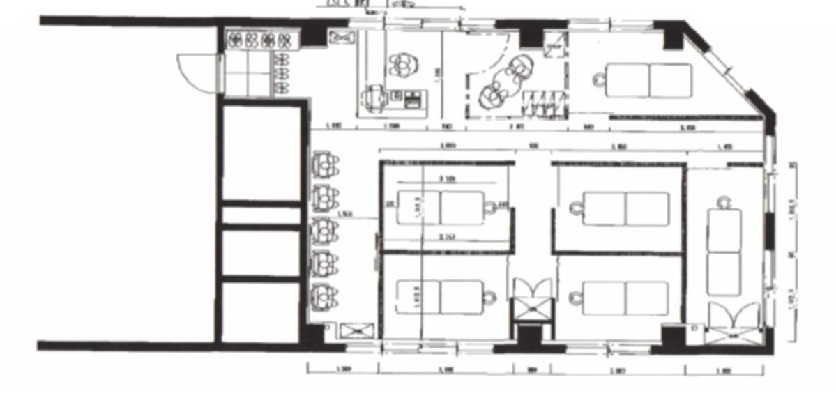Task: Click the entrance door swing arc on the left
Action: coord(195,73)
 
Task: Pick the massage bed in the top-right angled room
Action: coord(648,80)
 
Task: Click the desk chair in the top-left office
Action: coord(376,97)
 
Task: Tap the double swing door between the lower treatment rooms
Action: coord(531,300)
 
